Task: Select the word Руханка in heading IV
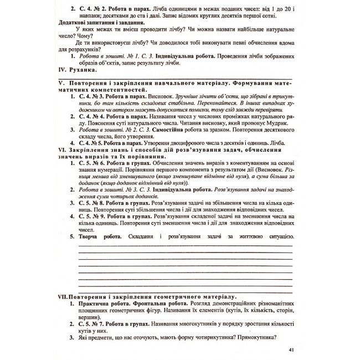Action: pos(83,70)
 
